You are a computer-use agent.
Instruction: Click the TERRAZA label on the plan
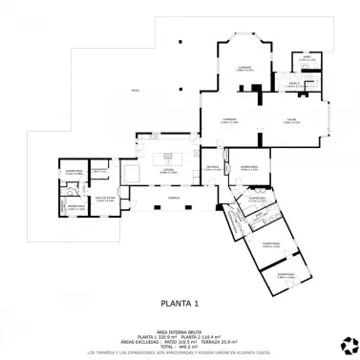coord(174,197)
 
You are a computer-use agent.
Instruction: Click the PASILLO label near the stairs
coord(296,83)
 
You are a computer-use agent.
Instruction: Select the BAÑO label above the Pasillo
coord(307,57)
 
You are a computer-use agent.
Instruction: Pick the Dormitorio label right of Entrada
coord(248,166)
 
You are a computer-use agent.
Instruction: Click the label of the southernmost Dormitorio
coord(286,274)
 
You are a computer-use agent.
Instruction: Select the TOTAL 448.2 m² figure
coord(180,347)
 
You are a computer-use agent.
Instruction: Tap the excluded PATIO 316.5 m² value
coord(180,341)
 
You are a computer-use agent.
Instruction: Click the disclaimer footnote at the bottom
coord(180,353)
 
